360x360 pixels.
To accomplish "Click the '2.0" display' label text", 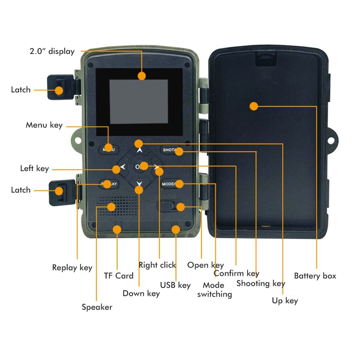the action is pyautogui.click(x=52, y=51).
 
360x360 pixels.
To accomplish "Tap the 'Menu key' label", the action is pyautogui.click(x=44, y=125).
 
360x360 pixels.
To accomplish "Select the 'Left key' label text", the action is pyautogui.click(x=35, y=168).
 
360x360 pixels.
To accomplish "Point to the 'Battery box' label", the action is pyautogui.click(x=315, y=276).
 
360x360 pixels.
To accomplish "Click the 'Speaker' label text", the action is pyautogui.click(x=97, y=307).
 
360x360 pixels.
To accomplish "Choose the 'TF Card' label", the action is pyautogui.click(x=119, y=276).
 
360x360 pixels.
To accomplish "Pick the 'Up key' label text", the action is pyautogui.click(x=285, y=301).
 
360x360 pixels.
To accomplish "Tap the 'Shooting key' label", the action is pyautogui.click(x=261, y=283).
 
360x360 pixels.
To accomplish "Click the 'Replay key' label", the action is pyautogui.click(x=72, y=268).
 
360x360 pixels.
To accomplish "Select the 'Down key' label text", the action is pyautogui.click(x=141, y=293).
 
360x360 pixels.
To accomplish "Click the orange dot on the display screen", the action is pyautogui.click(x=142, y=76).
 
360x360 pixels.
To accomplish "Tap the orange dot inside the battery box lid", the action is pyautogui.click(x=254, y=106).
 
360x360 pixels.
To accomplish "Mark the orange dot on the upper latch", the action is pyautogui.click(x=59, y=90).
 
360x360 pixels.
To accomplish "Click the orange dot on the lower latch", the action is pyautogui.click(x=59, y=191).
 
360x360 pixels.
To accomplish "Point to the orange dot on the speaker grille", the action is pyautogui.click(x=111, y=207).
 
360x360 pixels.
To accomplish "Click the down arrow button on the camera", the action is pyautogui.click(x=139, y=183).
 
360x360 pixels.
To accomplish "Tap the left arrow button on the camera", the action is pyautogui.click(x=123, y=167).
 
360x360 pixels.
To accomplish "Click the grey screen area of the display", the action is pyautogui.click(x=139, y=102).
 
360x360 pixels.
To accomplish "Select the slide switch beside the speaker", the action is pyautogui.click(x=167, y=206).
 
